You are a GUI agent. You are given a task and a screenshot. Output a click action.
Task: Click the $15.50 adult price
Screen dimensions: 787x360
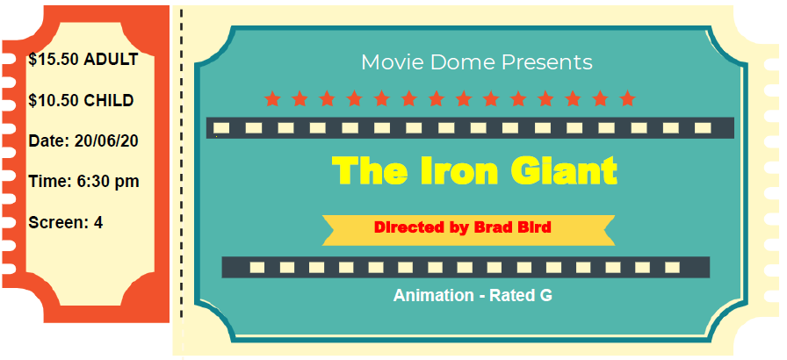[54, 59]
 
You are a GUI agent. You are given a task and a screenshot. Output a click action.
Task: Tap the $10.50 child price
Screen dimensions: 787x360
[54, 100]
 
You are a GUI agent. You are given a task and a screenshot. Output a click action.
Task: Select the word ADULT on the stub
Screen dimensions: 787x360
[111, 59]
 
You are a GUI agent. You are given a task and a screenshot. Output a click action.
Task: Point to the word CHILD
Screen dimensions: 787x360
[108, 100]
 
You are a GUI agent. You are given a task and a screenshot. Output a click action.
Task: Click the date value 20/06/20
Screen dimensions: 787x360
[106, 140]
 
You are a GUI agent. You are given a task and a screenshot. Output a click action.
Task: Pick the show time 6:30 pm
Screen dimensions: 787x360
[108, 182]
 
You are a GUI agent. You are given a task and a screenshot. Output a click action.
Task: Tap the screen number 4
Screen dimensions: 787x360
[98, 223]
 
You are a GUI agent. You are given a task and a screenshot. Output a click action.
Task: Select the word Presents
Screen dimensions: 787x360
[547, 62]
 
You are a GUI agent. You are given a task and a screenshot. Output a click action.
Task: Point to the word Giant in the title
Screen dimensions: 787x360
[564, 170]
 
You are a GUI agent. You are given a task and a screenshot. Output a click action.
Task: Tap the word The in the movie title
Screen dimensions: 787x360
[370, 170]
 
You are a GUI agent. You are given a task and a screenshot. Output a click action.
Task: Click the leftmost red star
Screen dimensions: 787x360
[272, 98]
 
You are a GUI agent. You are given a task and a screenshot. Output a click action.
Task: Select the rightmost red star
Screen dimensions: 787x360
[627, 98]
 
